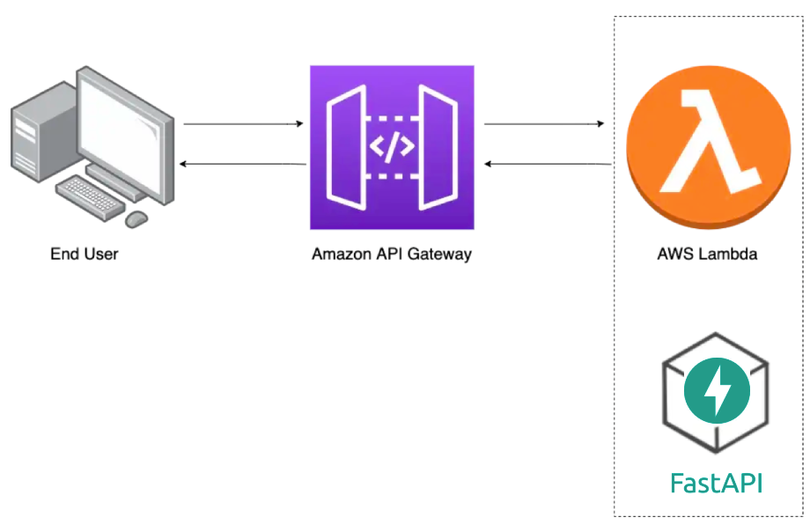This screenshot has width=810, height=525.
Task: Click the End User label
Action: click(85, 255)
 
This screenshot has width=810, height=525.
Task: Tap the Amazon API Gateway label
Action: click(392, 255)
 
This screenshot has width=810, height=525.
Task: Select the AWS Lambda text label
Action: click(707, 255)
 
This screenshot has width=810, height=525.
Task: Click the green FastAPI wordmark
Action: click(716, 483)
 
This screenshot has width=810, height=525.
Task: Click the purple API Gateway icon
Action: click(392, 147)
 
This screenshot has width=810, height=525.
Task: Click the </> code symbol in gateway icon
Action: click(392, 147)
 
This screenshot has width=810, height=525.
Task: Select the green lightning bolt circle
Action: click(717, 391)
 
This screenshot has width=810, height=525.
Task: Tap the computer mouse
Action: click(136, 218)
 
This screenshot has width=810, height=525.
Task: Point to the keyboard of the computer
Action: click(92, 195)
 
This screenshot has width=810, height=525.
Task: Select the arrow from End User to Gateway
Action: click(243, 124)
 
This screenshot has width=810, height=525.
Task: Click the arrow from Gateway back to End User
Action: click(243, 165)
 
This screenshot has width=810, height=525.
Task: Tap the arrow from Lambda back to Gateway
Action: click(548, 165)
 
